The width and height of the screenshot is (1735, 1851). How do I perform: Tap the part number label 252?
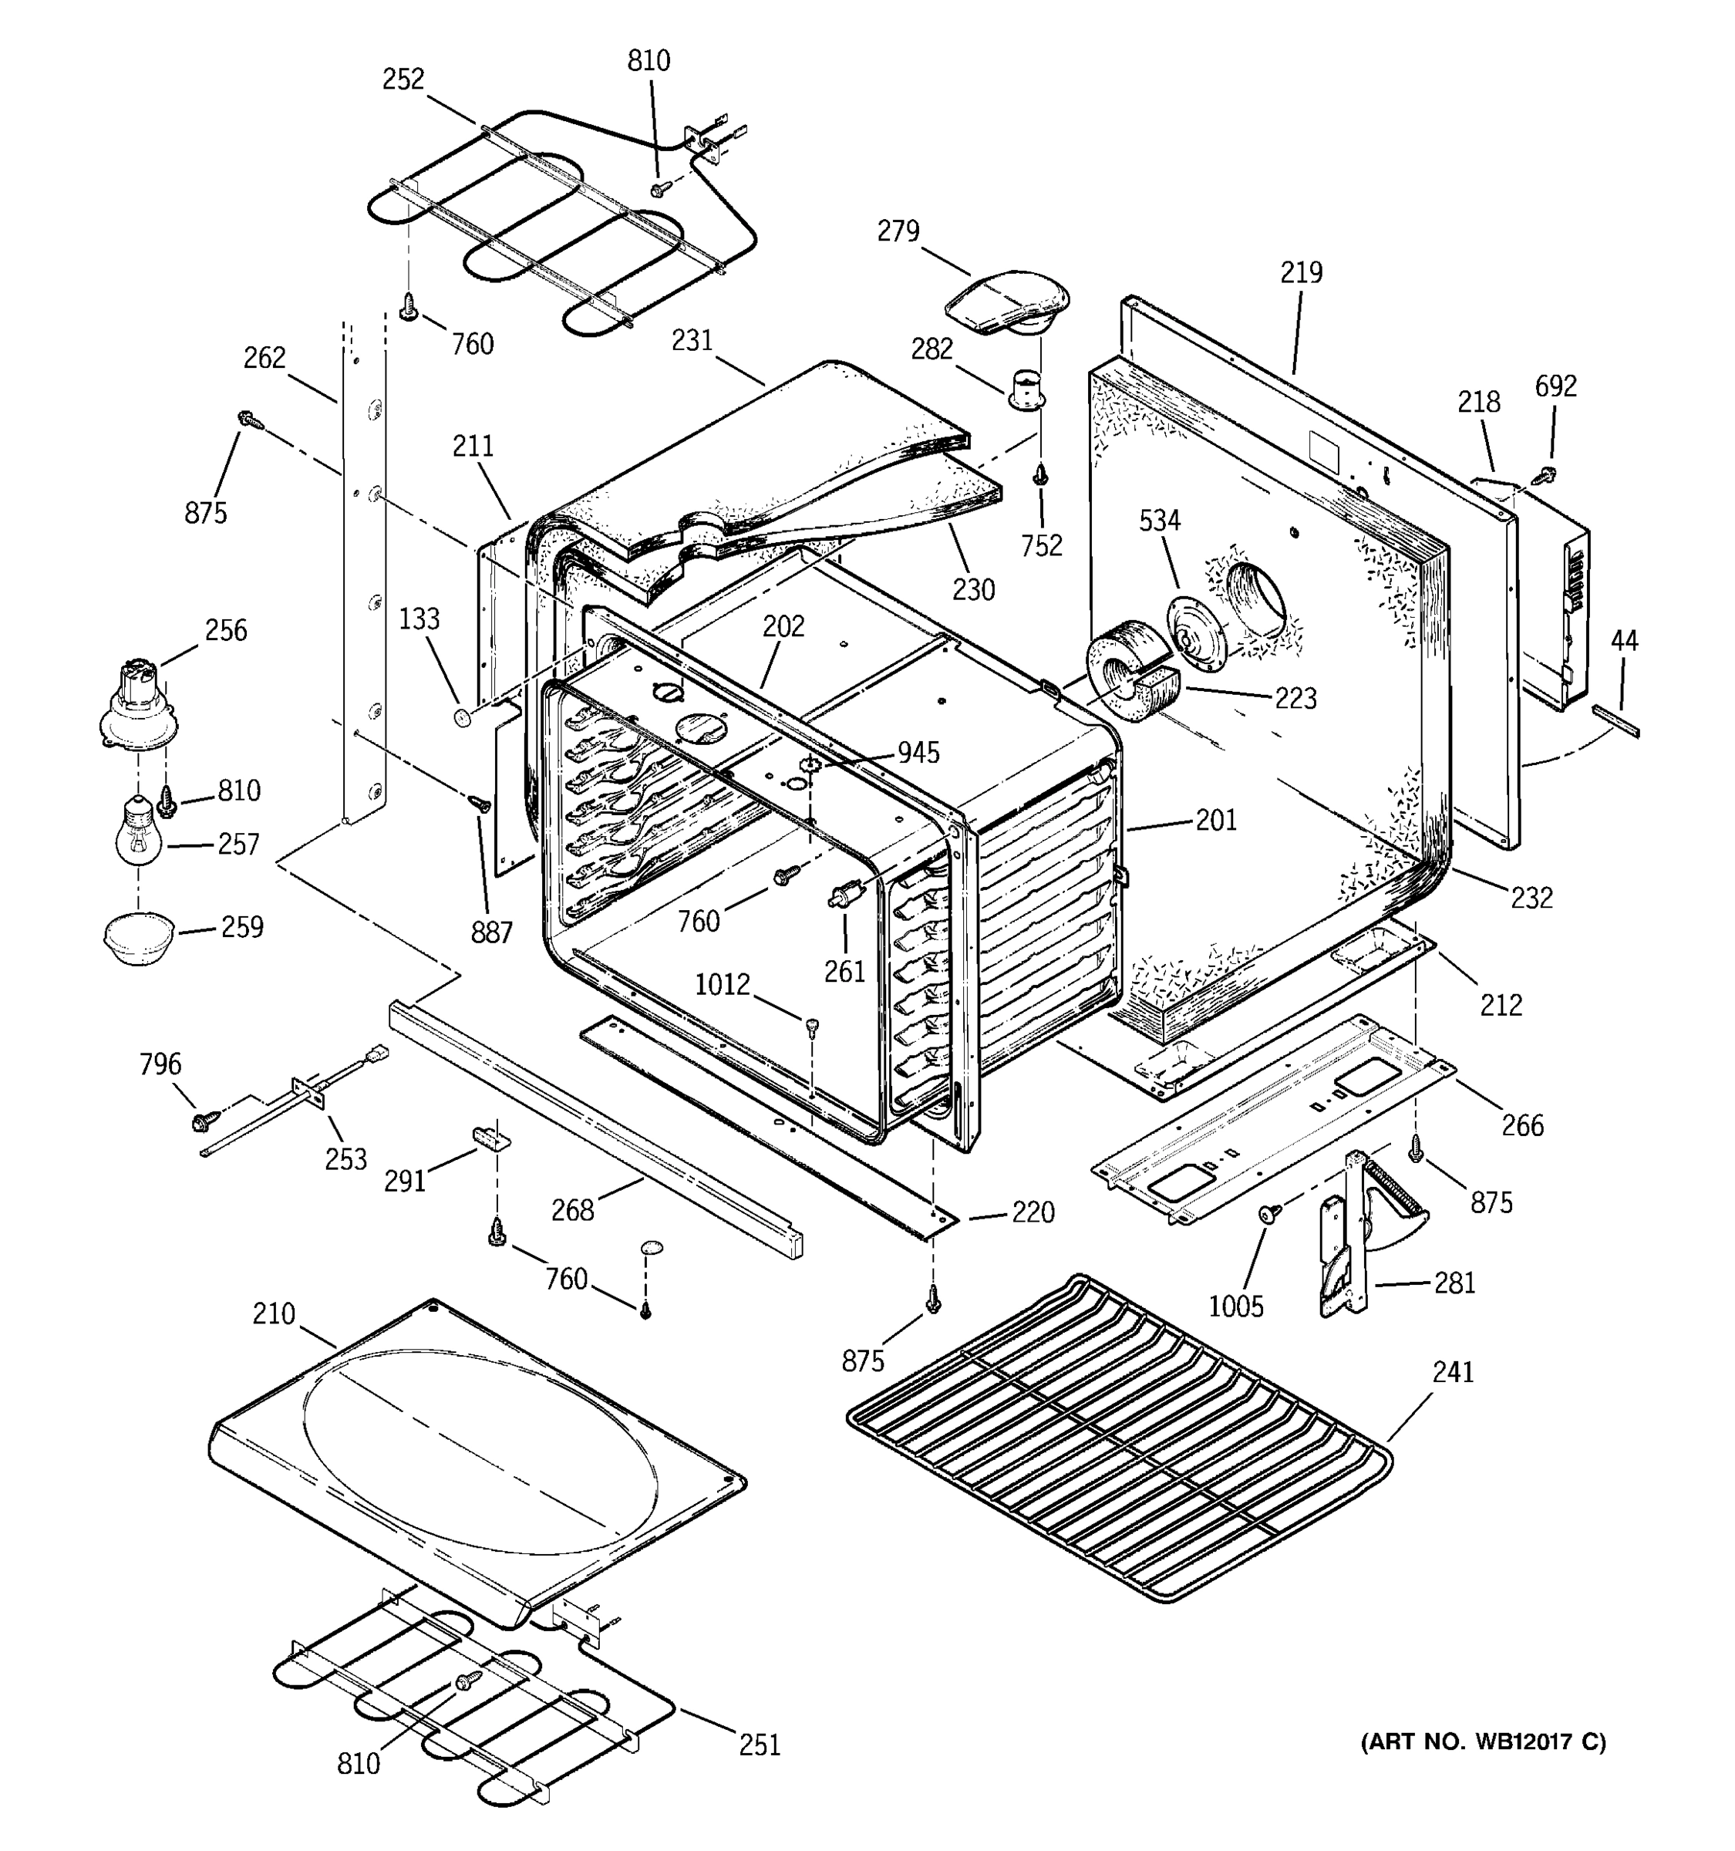pos(403,80)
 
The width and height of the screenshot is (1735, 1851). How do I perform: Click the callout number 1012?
pos(723,984)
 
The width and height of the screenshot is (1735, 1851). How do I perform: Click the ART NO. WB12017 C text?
pos(1484,1742)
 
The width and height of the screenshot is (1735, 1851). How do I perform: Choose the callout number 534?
pos(1160,521)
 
